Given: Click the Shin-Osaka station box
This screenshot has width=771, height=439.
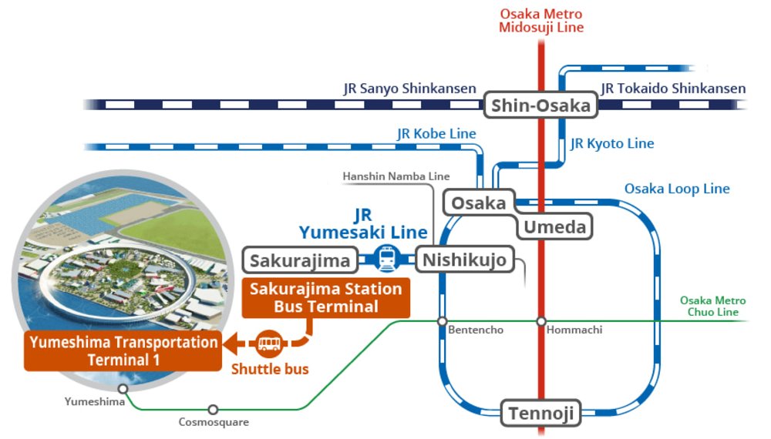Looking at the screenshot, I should pos(541,106).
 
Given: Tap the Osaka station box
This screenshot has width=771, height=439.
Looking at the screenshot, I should pos(479,203).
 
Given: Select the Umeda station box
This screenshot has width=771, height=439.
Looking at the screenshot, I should pos(555,226).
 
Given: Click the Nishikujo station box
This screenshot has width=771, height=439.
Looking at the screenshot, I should pos(465,260).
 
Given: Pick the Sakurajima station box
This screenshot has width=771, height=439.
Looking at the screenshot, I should pos(300,260).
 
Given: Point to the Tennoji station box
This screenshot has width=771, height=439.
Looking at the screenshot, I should pos(541,414).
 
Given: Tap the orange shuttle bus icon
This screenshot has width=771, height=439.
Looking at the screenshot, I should pos(268,342).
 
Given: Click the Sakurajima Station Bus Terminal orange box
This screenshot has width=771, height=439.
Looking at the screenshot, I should pos(326,298).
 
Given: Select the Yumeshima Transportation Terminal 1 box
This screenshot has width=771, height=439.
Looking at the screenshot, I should pos(123,350).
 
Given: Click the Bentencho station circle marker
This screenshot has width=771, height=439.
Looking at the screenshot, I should pos(443,321).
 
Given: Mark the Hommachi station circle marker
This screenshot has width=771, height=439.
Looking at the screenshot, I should pos(541,321).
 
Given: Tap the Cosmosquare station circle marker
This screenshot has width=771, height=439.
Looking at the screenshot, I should pos(213,410).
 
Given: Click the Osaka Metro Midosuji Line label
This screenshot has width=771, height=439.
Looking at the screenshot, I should pos(541,21).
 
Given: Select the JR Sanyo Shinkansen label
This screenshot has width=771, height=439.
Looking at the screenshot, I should pos(409,89).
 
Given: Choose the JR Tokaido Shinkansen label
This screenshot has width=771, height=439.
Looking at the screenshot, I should pos(673,89).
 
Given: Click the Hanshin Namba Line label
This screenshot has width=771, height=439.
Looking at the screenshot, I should pos(396,176).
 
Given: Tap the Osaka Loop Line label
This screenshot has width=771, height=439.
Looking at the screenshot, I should pos(676,189).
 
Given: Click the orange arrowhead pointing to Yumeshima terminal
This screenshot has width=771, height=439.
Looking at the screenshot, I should pos(231,342).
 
